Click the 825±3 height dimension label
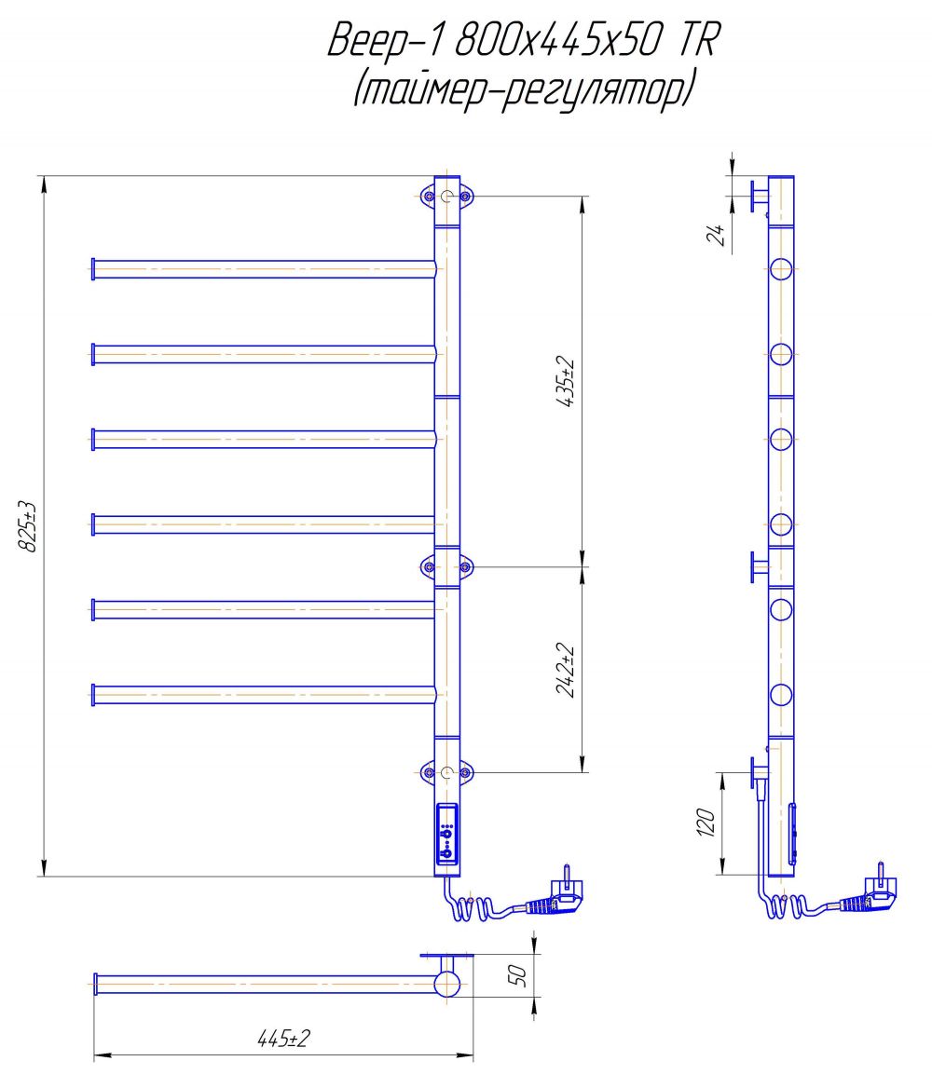[x=27, y=526]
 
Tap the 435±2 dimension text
[x=566, y=382]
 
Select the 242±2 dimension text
[x=566, y=671]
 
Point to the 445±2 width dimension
[x=283, y=1039]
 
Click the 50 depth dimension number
[x=518, y=975]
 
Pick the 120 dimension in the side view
[x=706, y=823]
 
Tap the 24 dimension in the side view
[x=716, y=235]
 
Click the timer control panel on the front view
[x=447, y=834]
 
